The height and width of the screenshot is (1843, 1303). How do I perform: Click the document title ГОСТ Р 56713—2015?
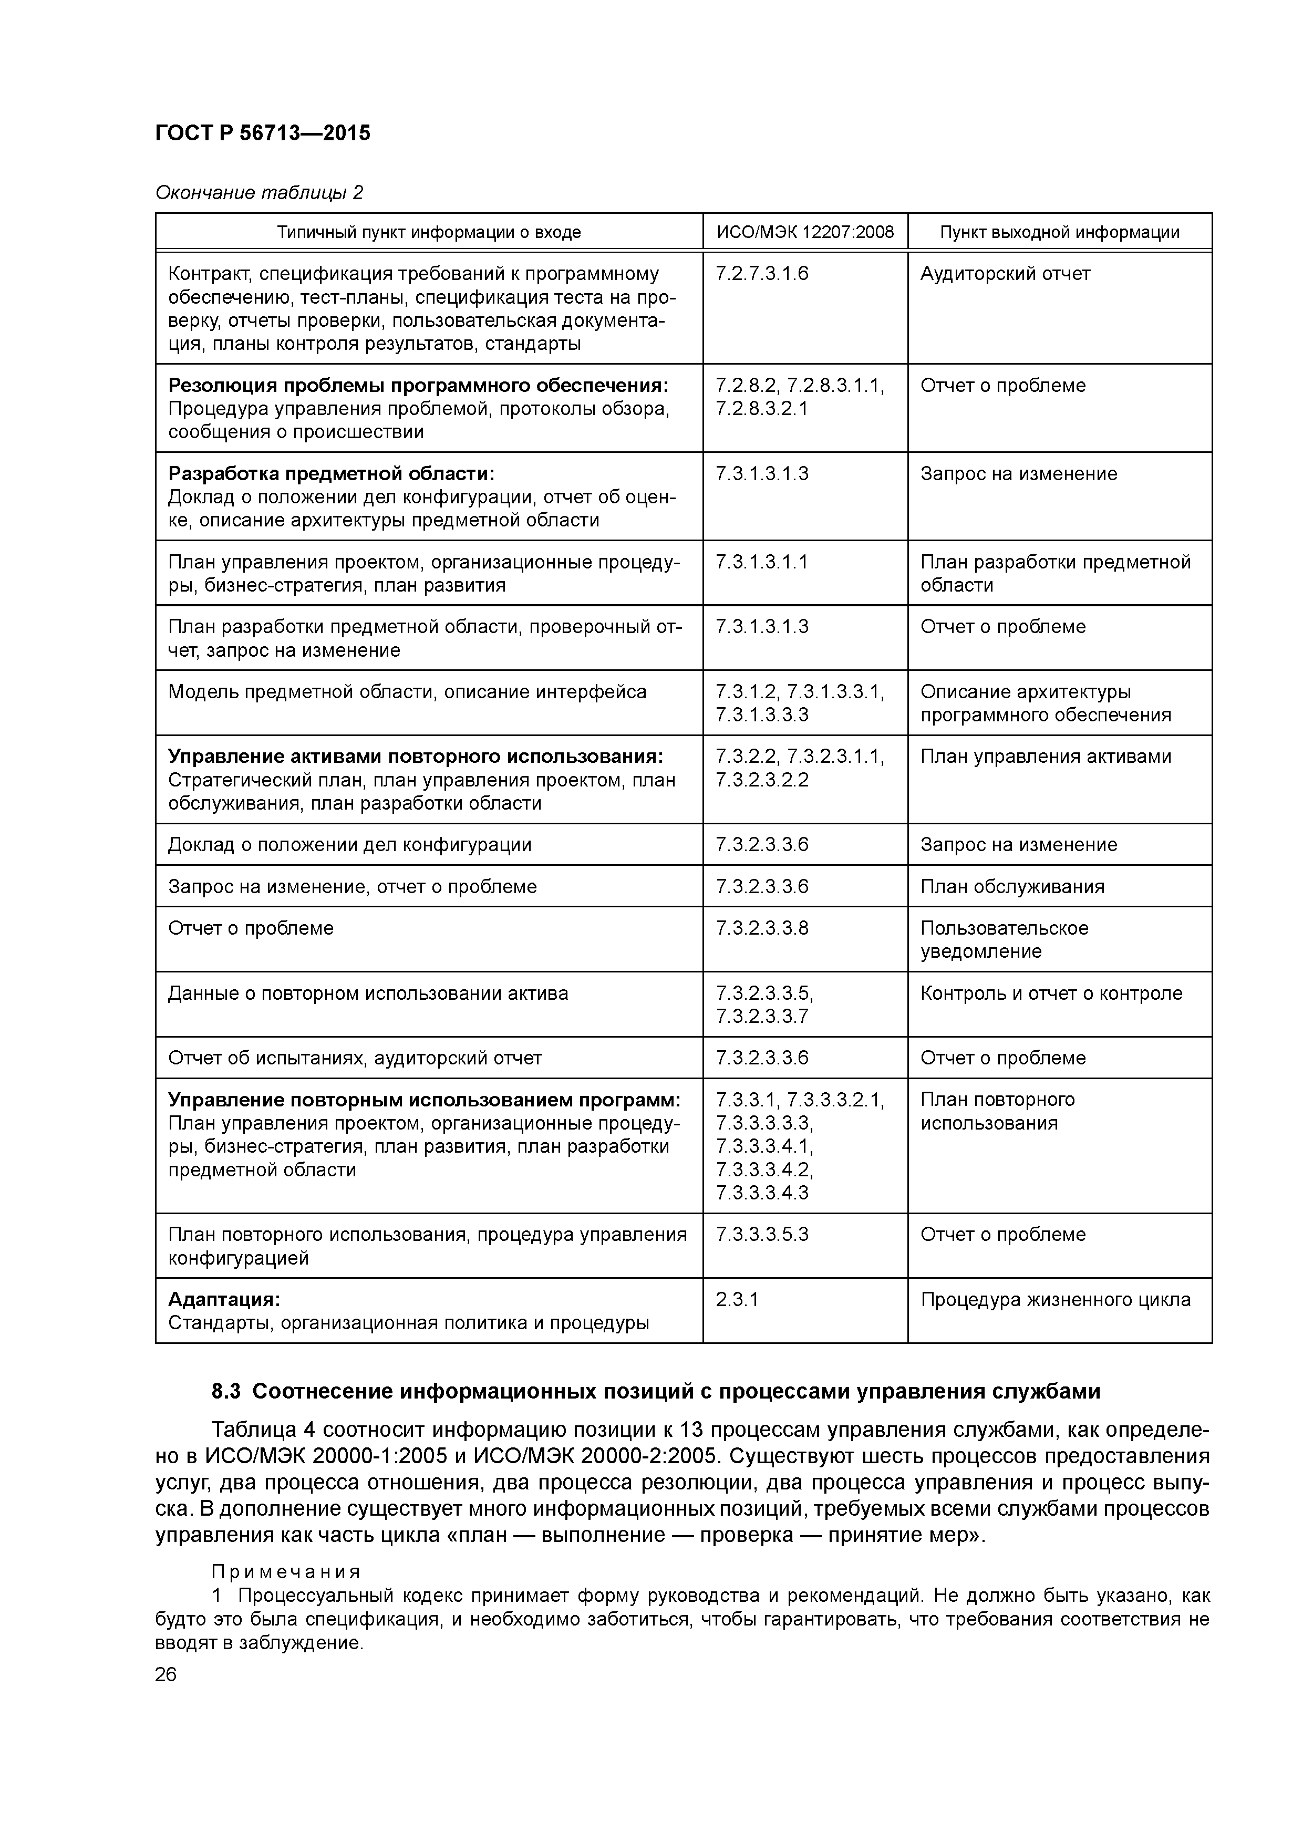263,133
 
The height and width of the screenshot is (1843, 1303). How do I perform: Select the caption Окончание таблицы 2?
258,193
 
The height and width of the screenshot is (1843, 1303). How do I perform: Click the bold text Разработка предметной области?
331,473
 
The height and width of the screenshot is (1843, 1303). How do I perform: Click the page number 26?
166,1674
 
